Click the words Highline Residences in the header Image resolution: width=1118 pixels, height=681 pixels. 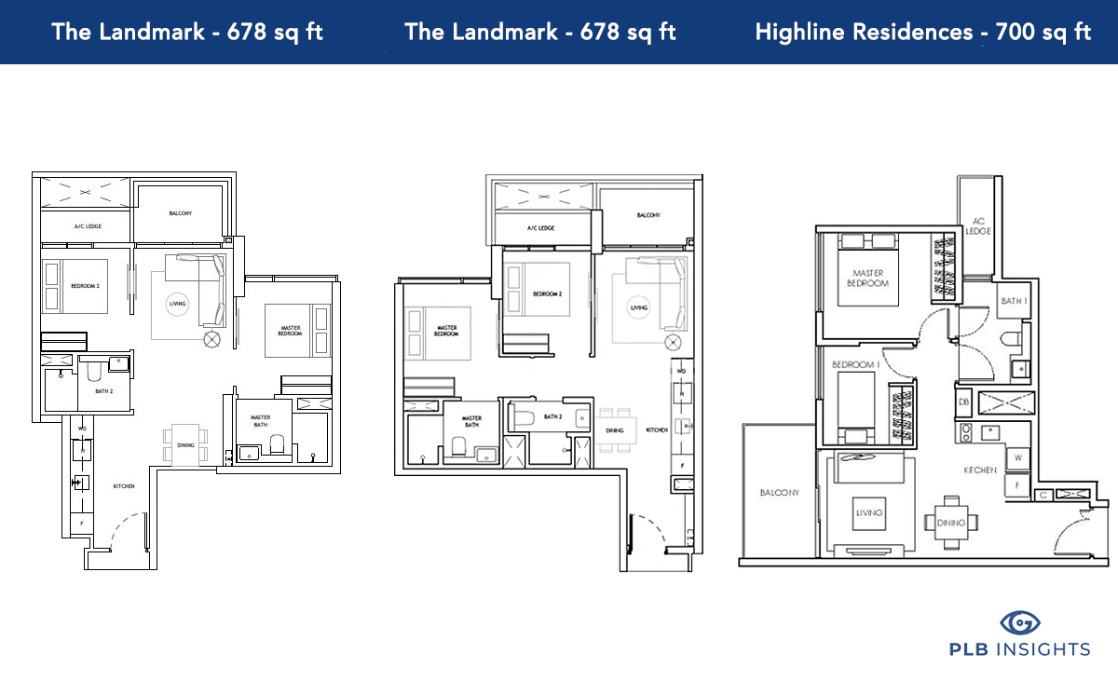pos(863,32)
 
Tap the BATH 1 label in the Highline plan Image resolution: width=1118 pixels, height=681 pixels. pos(1013,301)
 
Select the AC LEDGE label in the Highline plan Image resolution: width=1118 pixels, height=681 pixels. pos(977,225)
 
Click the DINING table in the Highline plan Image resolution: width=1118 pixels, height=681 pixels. pos(951,523)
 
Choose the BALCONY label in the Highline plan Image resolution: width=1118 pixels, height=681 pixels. pos(779,493)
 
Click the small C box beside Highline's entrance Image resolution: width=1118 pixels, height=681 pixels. pos(1043,495)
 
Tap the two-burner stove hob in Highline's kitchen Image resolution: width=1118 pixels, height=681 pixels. pos(966,432)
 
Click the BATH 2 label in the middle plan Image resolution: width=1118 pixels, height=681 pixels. pos(553,416)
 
